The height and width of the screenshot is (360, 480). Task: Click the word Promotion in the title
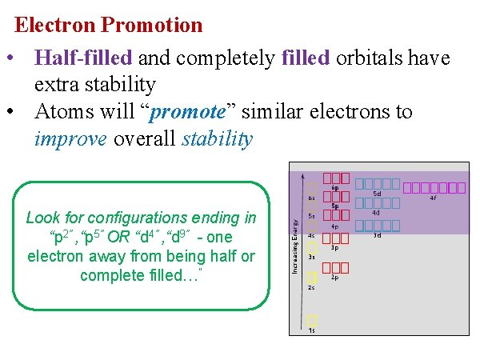coord(152,25)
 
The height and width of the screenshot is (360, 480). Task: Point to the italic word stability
coord(218,139)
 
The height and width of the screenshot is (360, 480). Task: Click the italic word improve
coord(71,139)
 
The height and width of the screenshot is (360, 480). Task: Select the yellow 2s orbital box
coord(312,277)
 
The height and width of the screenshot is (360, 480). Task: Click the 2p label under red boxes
coord(335,278)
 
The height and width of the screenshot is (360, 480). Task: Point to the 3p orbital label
coord(335,248)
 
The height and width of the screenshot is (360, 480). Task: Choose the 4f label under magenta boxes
coord(433,198)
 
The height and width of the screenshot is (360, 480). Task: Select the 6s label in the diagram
coord(311,198)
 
